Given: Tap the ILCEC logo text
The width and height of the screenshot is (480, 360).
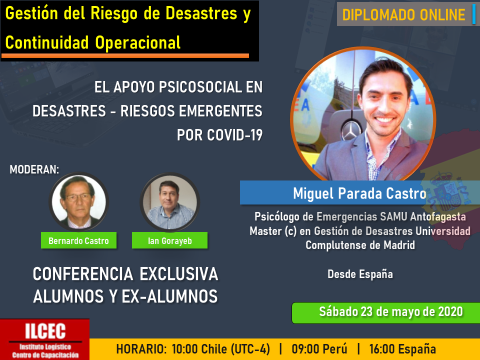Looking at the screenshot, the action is point(45,331).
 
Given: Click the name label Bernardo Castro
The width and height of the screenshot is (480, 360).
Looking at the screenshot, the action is point(78,240).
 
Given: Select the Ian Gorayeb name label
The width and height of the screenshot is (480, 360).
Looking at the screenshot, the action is point(169,240).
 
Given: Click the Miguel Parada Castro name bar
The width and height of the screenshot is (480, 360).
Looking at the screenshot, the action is point(359,193).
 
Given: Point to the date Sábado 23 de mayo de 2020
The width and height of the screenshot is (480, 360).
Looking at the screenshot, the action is point(391,312).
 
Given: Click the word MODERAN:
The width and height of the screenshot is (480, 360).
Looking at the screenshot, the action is point(34,169).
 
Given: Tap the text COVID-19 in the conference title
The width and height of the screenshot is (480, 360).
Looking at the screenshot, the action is point(234,135).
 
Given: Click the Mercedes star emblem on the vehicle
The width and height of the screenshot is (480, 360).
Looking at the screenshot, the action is point(350,131).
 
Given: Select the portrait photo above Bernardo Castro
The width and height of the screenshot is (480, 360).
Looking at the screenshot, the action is point(78,202).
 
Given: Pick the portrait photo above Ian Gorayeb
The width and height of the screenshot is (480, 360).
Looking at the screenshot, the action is point(170,202).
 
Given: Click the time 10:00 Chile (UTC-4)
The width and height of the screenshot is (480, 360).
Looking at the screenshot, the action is point(220,349).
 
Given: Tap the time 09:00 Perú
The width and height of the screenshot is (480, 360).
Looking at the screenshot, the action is point(319,349).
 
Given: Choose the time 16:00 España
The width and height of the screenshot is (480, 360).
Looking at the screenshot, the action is point(402,349).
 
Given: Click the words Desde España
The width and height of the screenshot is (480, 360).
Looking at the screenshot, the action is point(360,274).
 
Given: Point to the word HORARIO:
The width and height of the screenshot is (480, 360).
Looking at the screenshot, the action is point(141,349).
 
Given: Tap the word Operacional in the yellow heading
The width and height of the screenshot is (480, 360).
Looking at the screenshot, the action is point(138,42).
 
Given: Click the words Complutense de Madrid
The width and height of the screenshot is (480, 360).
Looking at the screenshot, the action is point(360,245).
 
